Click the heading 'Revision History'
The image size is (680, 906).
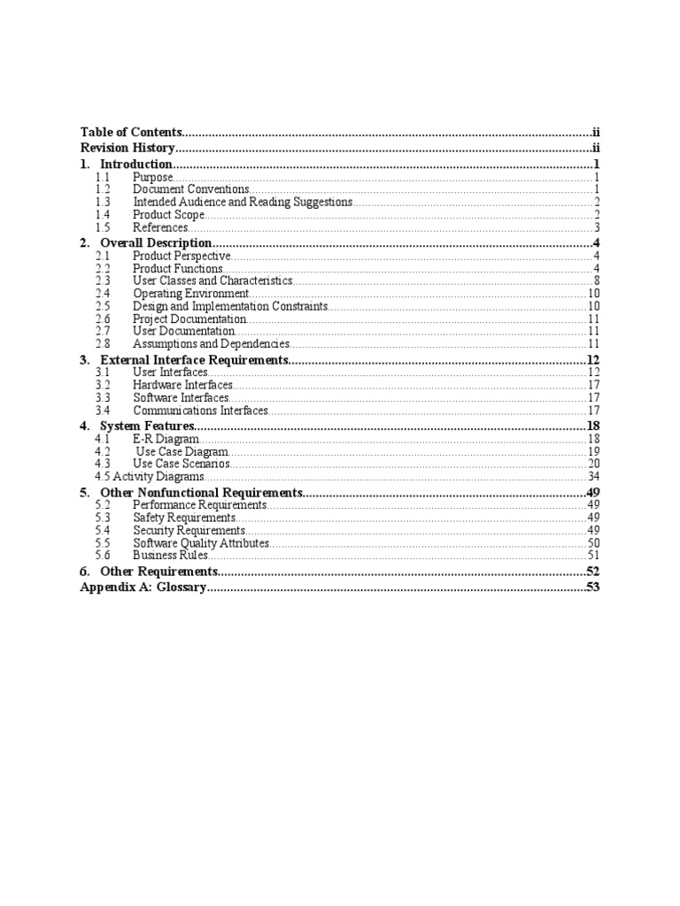(x=128, y=149)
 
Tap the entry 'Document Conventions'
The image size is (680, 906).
(x=191, y=189)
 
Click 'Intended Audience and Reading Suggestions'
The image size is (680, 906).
(x=243, y=202)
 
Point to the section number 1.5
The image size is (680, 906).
(x=103, y=227)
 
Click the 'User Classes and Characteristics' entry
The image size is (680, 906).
(x=212, y=280)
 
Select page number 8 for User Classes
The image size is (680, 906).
(x=598, y=280)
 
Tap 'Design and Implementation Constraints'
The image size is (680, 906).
(x=230, y=306)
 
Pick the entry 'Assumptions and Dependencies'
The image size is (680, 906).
(x=211, y=343)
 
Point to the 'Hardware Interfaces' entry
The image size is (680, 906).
(x=183, y=385)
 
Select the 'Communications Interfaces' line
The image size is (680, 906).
(x=200, y=411)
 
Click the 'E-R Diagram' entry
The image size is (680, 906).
(x=166, y=439)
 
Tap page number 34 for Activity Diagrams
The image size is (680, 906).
(x=594, y=476)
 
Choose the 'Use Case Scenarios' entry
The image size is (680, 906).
(x=182, y=464)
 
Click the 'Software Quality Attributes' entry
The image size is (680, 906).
(x=201, y=542)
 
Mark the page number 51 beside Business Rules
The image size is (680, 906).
(x=594, y=555)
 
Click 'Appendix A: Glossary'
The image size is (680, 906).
(x=143, y=587)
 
